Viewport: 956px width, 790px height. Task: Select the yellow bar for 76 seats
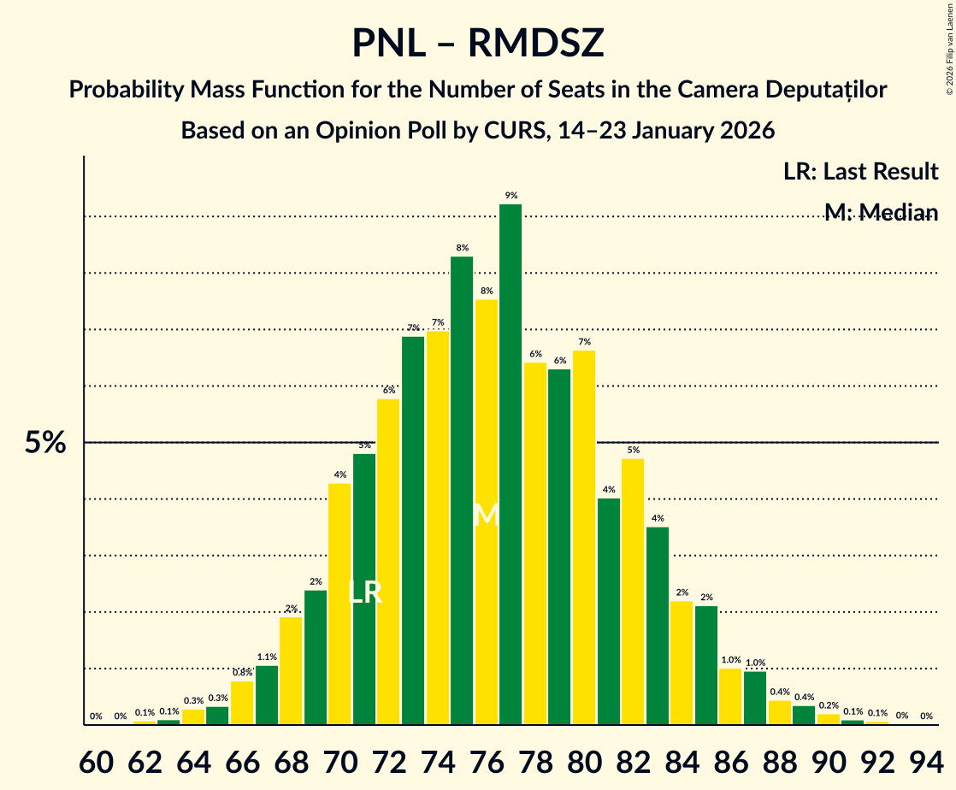point(486,512)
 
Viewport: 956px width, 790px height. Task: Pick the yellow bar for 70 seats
point(339,604)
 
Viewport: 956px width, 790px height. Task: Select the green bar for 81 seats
point(608,611)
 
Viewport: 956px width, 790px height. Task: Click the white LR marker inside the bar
point(365,592)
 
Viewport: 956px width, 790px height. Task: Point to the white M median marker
point(486,515)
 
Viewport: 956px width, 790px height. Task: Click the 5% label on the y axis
point(44,443)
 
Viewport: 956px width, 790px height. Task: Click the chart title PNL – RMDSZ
point(477,43)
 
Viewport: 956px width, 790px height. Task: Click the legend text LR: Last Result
point(860,171)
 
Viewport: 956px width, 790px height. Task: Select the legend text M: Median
point(881,212)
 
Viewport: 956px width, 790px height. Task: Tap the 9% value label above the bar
point(510,195)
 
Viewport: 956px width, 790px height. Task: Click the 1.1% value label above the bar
point(267,657)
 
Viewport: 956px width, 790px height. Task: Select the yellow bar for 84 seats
point(682,663)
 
